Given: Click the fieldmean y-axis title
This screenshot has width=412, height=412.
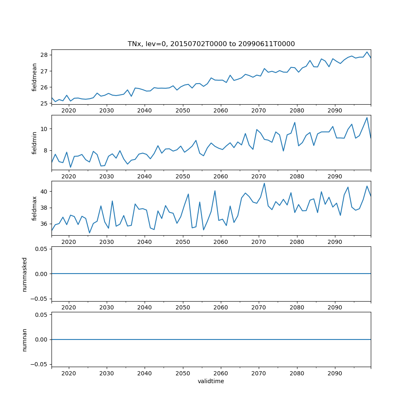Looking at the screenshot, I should [x=35, y=77].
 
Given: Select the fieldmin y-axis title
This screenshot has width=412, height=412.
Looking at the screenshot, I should [x=35, y=143].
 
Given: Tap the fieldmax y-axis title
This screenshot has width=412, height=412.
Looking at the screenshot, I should [x=35, y=208].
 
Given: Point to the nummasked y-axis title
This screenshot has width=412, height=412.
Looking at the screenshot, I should [x=25, y=274].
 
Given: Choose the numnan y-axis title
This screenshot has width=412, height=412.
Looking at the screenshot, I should [x=25, y=339].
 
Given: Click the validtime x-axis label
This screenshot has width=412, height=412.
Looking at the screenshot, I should [x=211, y=382].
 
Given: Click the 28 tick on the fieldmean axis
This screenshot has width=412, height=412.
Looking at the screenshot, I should [x=44, y=55].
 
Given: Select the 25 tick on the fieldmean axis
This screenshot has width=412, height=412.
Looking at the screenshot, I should [x=44, y=103].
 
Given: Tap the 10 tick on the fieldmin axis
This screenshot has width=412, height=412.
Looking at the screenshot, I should [x=44, y=129].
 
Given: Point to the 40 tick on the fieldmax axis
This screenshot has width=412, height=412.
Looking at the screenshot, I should [x=44, y=192].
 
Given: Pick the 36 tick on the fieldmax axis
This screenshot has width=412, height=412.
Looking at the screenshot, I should [x=44, y=224].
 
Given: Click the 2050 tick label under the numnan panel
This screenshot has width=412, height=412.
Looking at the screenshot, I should [x=183, y=373].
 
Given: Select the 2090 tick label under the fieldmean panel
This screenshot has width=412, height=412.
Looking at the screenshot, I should [x=335, y=111].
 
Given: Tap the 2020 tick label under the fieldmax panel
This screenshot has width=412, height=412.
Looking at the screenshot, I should [x=69, y=242].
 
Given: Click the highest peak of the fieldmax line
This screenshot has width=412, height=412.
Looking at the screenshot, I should [x=264, y=183].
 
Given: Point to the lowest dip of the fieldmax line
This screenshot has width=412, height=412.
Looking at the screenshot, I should [x=89, y=233].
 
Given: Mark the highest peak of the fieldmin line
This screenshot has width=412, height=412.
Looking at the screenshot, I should [x=367, y=118].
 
